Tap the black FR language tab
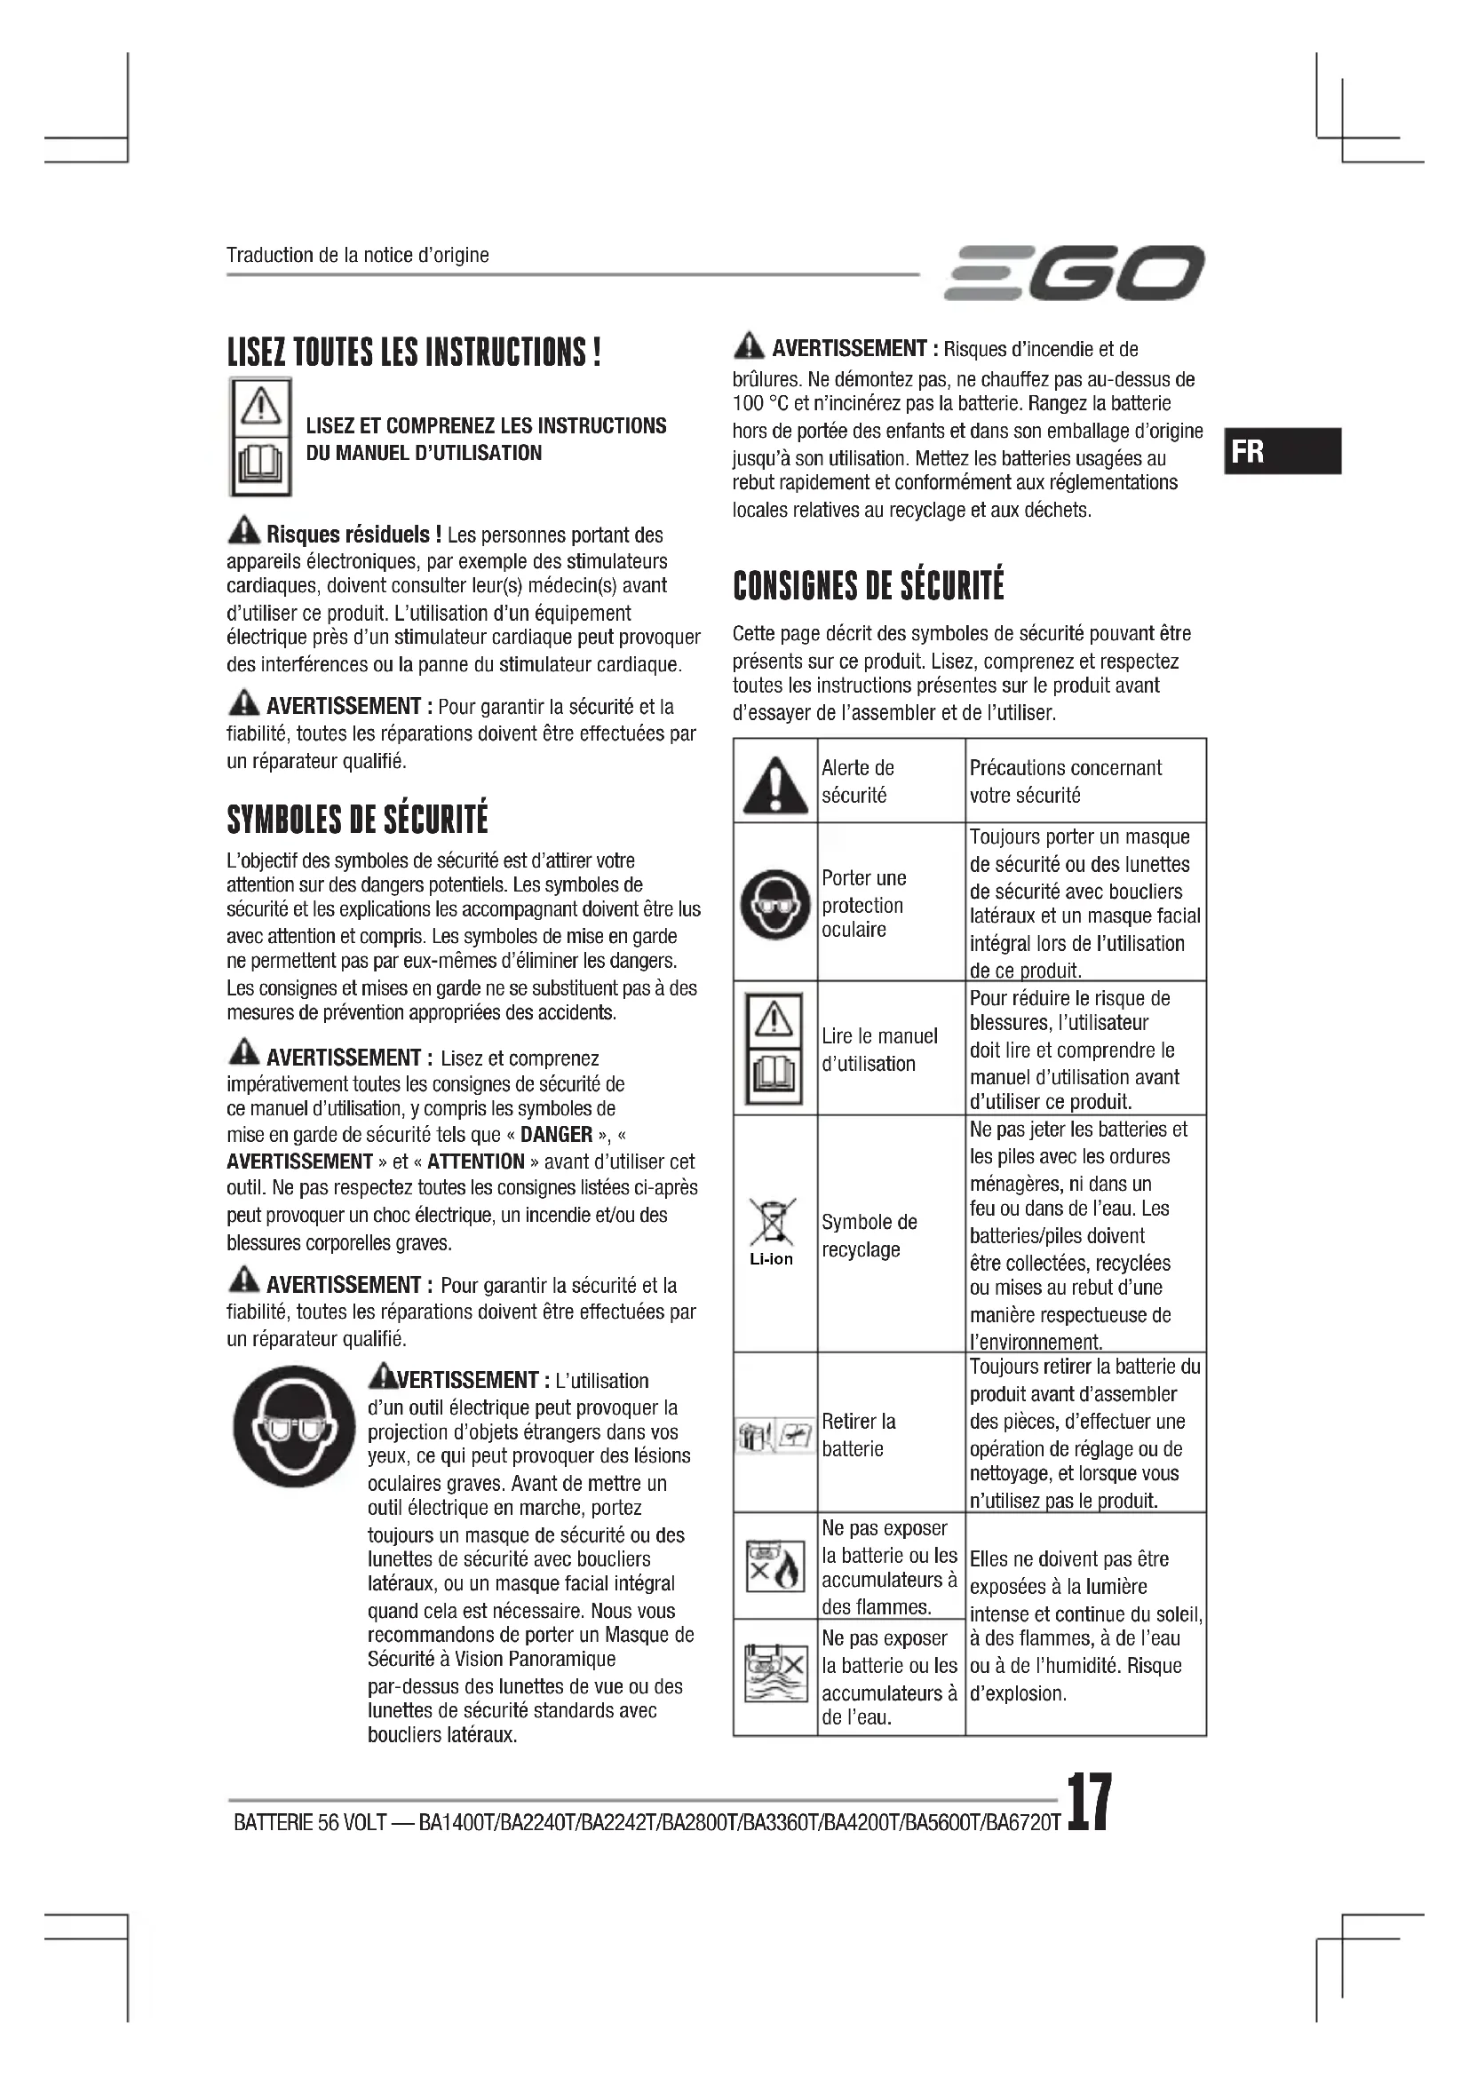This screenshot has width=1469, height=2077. pos(1282,450)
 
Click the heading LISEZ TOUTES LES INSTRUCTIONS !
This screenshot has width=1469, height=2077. pos(413,352)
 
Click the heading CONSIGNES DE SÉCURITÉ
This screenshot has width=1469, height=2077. pos(869,585)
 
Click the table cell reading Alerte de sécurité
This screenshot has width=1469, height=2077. pos(858,781)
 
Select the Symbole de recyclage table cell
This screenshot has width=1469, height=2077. pos(869,1235)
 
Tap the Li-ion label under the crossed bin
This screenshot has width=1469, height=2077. pos(772,1259)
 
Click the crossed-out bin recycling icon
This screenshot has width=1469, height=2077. pos(774,1220)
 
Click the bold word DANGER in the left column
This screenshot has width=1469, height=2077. pos(556,1134)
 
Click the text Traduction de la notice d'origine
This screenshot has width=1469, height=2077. pos(357,255)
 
